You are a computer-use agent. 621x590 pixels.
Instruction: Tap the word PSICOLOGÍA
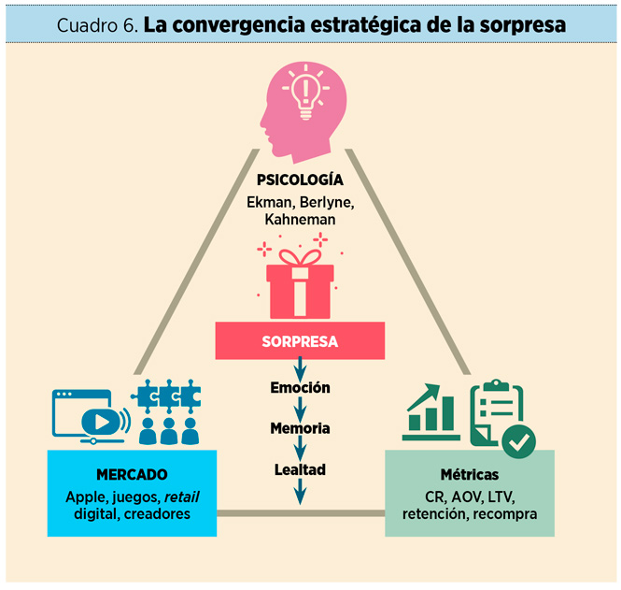pyautogui.click(x=300, y=180)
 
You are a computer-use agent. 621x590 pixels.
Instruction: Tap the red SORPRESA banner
pyautogui.click(x=300, y=341)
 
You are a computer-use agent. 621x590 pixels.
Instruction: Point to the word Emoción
pyautogui.click(x=300, y=387)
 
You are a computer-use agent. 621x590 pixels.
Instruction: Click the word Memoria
pyautogui.click(x=300, y=428)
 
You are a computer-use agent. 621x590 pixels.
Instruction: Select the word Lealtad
pyautogui.click(x=300, y=469)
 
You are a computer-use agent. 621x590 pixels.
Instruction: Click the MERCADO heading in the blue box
pyautogui.click(x=132, y=474)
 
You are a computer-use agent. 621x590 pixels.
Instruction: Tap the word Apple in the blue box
pyautogui.click(x=86, y=496)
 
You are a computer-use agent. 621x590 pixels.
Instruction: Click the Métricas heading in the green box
pyautogui.click(x=469, y=474)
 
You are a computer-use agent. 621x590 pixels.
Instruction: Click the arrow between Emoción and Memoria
pyautogui.click(x=300, y=408)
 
